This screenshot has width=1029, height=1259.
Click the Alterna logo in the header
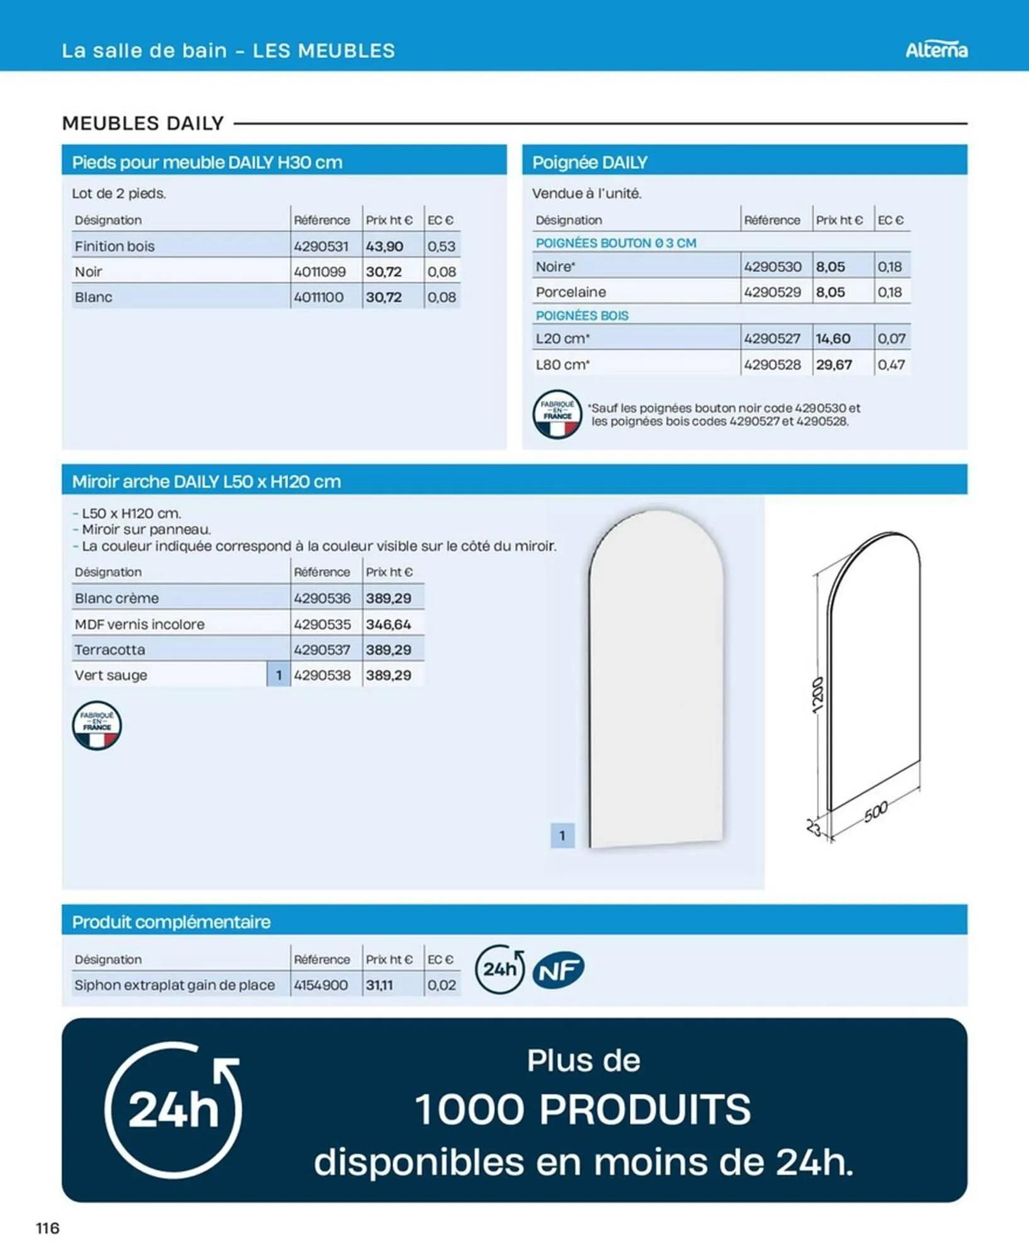[936, 50]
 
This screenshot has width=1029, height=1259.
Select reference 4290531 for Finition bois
[321, 246]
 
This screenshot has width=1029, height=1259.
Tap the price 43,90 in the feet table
[384, 246]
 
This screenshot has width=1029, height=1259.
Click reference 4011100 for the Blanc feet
[319, 297]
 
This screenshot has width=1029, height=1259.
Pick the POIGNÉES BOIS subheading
[582, 315]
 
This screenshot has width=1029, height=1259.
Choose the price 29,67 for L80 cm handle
[834, 364]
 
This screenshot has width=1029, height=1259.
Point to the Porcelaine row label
[571, 292]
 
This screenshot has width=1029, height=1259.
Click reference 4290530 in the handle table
[773, 267]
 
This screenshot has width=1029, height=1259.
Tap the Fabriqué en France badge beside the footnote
[557, 415]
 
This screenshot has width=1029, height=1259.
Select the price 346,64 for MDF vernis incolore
[388, 624]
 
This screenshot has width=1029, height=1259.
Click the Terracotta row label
[110, 650]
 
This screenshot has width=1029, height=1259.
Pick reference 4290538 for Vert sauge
[322, 675]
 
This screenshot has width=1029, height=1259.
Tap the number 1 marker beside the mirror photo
[562, 836]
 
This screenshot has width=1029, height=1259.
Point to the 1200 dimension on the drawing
[817, 695]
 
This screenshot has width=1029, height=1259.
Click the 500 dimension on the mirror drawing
[875, 812]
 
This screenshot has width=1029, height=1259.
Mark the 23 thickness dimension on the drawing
[814, 827]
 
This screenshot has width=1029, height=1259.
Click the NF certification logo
[559, 969]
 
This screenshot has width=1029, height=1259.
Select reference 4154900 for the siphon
[321, 985]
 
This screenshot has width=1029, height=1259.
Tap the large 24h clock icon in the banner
[173, 1110]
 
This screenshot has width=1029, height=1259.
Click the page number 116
[48, 1228]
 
